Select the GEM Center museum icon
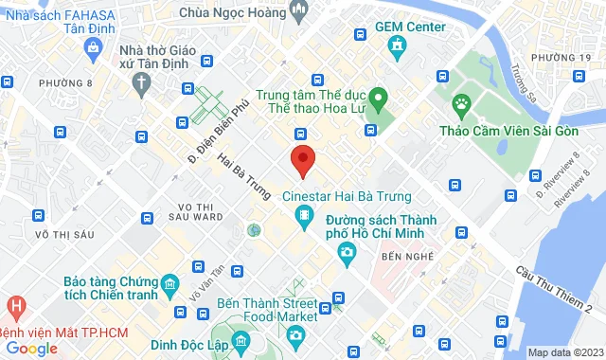point(398,46)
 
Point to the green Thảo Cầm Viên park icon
point(461,102)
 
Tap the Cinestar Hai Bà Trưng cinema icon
point(304,219)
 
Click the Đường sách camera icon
point(347,251)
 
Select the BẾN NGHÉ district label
point(406,257)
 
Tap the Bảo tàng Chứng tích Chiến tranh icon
point(169,283)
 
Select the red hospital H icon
point(16,307)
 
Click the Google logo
point(30,349)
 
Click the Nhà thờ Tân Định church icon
point(139,81)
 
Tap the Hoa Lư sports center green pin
point(377,97)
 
